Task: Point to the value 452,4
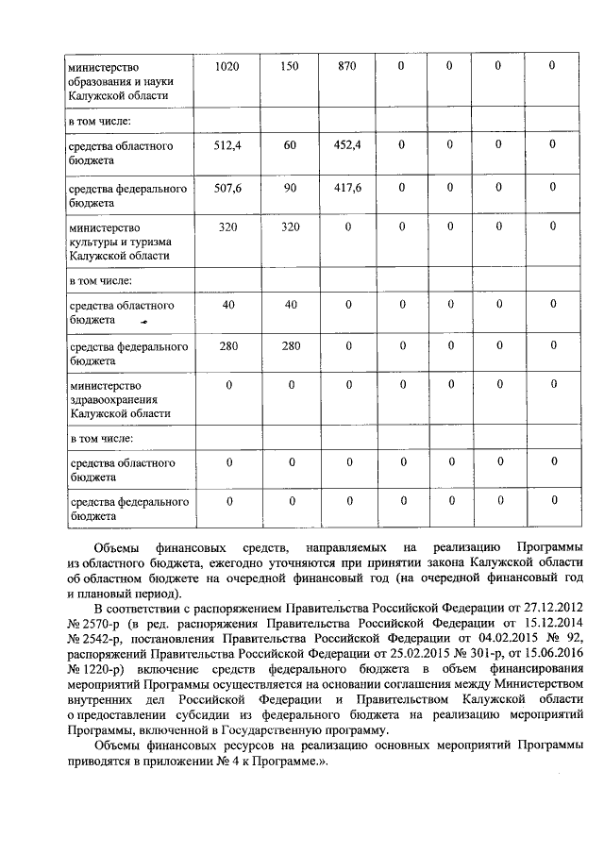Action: coord(347,145)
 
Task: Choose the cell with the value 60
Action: coord(290,145)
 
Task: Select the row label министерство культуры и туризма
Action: coord(118,242)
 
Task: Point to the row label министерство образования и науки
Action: coord(118,80)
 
